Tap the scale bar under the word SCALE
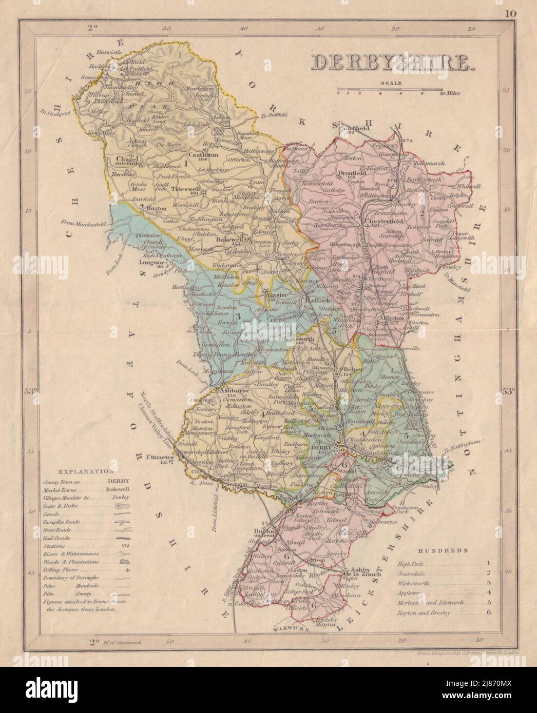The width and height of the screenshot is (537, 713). [397, 92]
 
